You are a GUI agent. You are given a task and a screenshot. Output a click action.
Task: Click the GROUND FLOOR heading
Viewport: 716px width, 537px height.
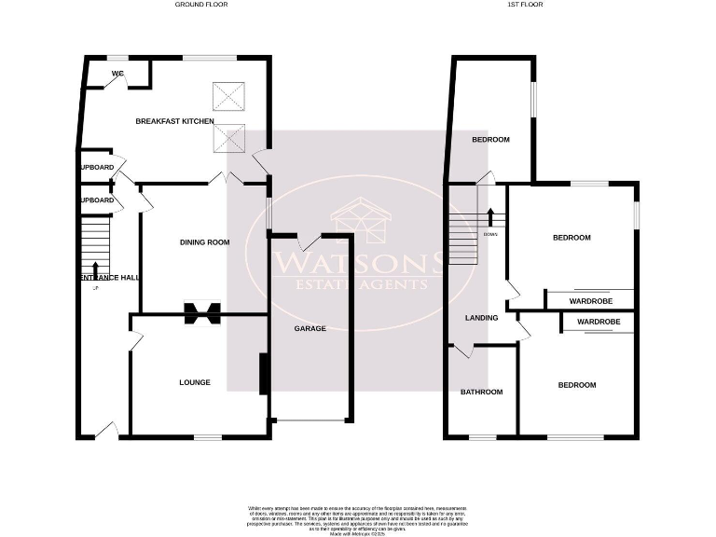point(201,5)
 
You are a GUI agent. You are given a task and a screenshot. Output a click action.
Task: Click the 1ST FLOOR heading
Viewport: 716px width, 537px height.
point(525,5)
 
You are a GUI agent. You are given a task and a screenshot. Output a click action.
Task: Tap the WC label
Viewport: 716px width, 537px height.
point(117,73)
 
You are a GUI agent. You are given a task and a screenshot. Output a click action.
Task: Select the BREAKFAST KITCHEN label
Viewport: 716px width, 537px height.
point(174,121)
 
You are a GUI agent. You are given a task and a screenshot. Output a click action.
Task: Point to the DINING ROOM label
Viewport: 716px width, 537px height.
point(204,242)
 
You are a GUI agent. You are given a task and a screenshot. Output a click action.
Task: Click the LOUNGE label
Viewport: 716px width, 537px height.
point(195,382)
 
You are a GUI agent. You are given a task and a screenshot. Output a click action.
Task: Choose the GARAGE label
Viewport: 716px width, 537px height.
point(310,328)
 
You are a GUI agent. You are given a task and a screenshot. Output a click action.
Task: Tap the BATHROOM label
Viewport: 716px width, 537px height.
point(481,392)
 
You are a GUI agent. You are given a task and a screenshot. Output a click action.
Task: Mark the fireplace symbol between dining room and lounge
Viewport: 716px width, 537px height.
point(202,313)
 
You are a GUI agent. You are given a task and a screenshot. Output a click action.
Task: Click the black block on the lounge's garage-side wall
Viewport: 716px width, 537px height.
point(264,374)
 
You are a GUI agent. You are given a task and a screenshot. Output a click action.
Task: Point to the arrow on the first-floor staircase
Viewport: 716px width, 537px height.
point(489,218)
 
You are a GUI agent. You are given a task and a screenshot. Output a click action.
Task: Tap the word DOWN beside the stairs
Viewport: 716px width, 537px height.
point(490,234)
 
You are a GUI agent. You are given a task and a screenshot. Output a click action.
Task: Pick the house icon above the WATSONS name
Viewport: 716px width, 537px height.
point(360,221)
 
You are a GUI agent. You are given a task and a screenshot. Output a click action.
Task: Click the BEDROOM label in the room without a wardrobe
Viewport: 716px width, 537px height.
point(490,140)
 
